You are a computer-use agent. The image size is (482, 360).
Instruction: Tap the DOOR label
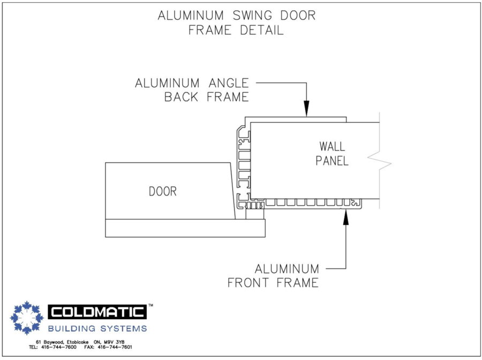coord(162,191)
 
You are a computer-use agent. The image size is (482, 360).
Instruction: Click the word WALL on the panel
coord(332,146)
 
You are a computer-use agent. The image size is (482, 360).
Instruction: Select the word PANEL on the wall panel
coord(332,160)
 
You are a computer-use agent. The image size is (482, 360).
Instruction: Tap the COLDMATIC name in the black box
coord(97,312)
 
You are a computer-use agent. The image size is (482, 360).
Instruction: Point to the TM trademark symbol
coord(150,305)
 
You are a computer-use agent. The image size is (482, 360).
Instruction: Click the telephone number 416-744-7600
coord(59,347)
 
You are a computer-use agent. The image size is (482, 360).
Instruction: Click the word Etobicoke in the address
coord(73,342)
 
